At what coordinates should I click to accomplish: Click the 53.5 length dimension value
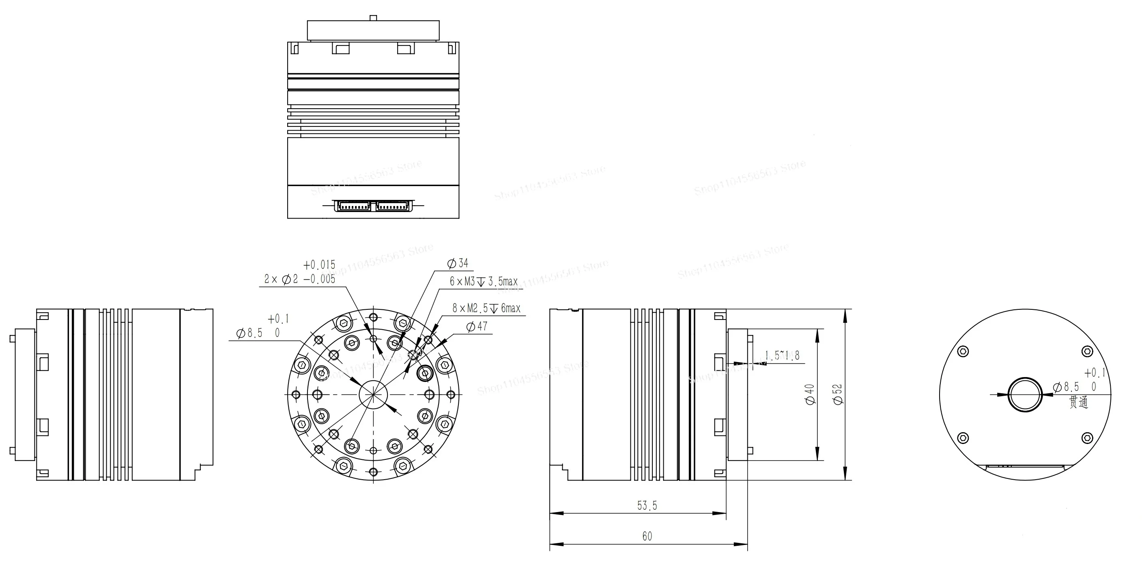[x=647, y=506]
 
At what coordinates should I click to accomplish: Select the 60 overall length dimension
[x=647, y=536]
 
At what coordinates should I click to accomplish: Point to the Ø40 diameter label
[x=809, y=394]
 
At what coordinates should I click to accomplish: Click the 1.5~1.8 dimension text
[x=782, y=355]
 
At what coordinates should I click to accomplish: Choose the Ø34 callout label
[x=458, y=263]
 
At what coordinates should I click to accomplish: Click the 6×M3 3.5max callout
[x=484, y=281]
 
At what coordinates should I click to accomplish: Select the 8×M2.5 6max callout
[x=486, y=309]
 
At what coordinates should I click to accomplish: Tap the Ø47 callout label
[x=477, y=326]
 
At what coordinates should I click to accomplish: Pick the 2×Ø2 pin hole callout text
[x=300, y=279]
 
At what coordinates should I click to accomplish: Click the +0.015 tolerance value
[x=319, y=265]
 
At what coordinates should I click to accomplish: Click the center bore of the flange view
[x=373, y=394]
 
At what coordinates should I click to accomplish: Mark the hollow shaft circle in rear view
[x=1025, y=394]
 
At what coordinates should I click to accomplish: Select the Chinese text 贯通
[x=1078, y=402]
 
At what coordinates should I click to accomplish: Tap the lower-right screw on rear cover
[x=1087, y=438]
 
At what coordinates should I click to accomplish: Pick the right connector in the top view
[x=392, y=206]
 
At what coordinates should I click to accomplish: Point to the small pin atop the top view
[x=373, y=18]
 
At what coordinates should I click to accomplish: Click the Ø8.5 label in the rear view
[x=1067, y=387]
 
